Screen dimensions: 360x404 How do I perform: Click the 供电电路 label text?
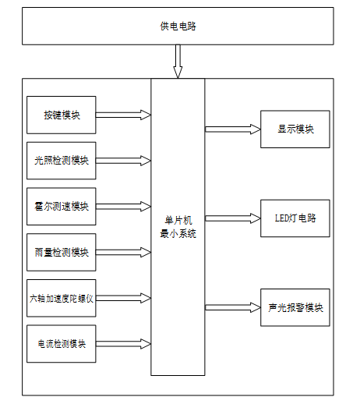click(x=178, y=27)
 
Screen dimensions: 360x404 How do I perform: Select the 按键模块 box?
click(x=62, y=115)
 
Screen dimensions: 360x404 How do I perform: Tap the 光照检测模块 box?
click(x=62, y=161)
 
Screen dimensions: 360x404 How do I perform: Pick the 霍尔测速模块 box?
click(x=62, y=207)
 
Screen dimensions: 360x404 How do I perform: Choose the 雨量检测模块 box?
click(x=62, y=252)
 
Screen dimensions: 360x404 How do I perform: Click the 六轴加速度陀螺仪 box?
click(x=62, y=298)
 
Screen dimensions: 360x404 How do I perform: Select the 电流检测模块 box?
click(x=62, y=344)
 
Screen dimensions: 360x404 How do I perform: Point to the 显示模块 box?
click(x=295, y=129)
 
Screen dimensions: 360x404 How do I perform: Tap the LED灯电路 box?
click(x=295, y=218)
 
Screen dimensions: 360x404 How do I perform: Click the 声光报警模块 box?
click(x=295, y=307)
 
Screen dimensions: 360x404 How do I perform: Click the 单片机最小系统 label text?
click(x=178, y=227)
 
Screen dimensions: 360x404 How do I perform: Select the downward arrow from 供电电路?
click(x=178, y=62)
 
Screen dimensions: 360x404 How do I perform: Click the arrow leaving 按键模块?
click(x=123, y=115)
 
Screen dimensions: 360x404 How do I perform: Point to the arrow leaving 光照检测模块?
click(x=123, y=161)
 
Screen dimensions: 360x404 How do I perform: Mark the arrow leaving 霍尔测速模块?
click(x=123, y=207)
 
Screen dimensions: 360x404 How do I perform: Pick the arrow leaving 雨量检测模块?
click(x=123, y=252)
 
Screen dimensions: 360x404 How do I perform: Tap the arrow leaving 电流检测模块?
click(x=123, y=344)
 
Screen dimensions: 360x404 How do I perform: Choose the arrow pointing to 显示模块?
click(x=233, y=129)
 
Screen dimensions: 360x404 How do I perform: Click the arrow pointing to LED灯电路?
click(x=233, y=218)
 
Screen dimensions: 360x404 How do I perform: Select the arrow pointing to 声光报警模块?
click(x=233, y=307)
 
